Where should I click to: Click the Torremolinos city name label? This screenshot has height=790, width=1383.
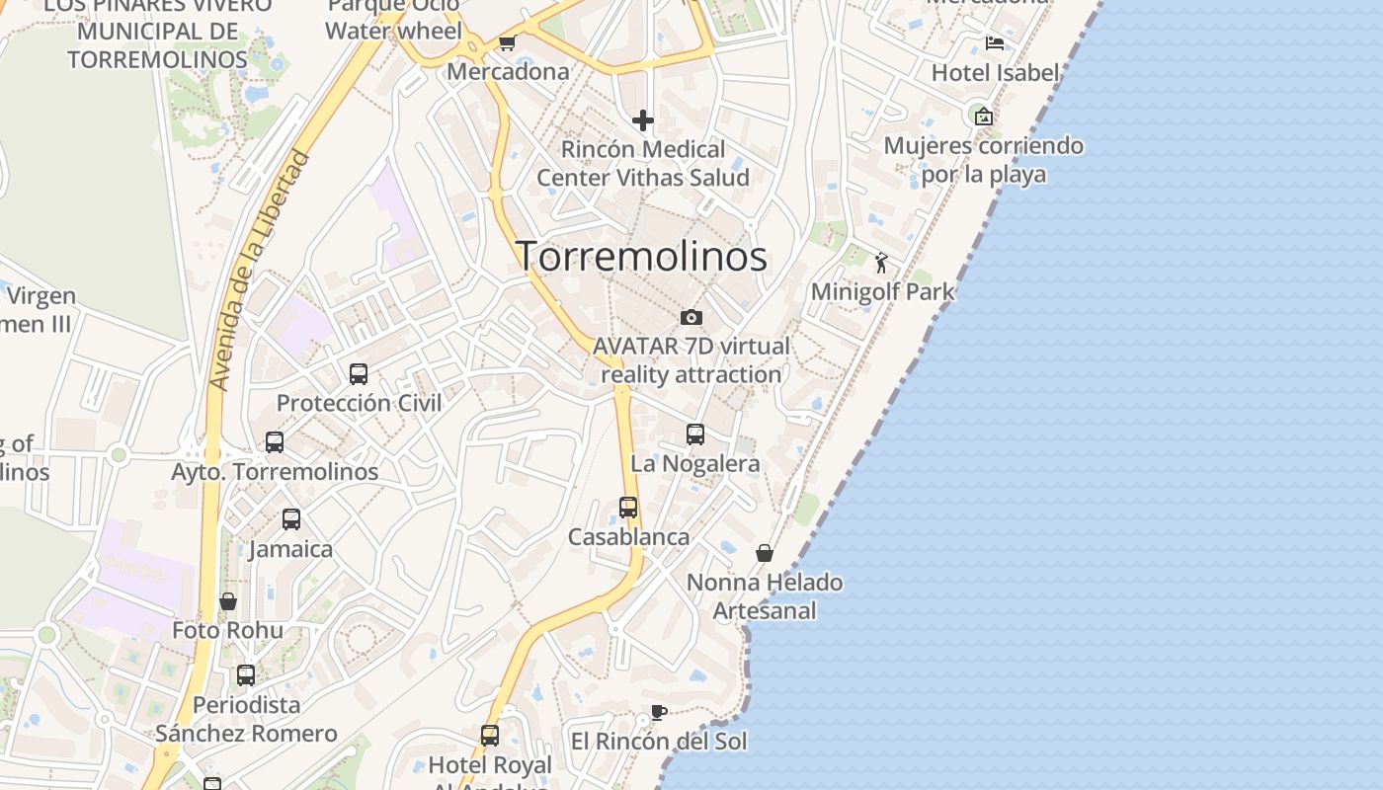point(642,256)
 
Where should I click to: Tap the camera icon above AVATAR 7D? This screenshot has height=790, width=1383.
point(691,317)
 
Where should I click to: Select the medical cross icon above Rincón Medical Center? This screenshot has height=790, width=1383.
point(643,120)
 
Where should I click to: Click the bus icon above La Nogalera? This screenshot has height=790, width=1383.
point(695,434)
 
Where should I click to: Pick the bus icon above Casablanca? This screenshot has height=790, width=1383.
point(628,508)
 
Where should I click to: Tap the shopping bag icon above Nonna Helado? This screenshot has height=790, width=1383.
point(765,553)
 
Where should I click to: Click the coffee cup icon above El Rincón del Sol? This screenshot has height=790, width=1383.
point(659,712)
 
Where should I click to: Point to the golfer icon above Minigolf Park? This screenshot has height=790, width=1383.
point(881,263)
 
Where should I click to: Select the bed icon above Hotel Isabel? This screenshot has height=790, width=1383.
point(995,43)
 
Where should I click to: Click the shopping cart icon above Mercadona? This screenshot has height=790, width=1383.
point(507,42)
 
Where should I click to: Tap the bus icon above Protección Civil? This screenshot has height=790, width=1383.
point(359,374)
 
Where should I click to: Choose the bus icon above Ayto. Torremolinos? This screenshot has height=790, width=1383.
point(275,442)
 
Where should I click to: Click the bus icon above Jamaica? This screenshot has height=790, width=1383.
point(291,519)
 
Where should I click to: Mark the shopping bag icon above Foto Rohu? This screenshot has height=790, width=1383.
point(228,601)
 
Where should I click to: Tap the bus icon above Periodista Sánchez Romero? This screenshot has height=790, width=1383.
point(246,675)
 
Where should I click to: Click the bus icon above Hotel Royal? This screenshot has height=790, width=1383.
point(490,736)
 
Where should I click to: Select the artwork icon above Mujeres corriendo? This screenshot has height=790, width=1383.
point(983,117)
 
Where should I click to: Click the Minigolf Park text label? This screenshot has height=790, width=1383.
point(883,291)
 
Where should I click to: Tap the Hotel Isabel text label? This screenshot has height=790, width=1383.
point(995,72)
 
